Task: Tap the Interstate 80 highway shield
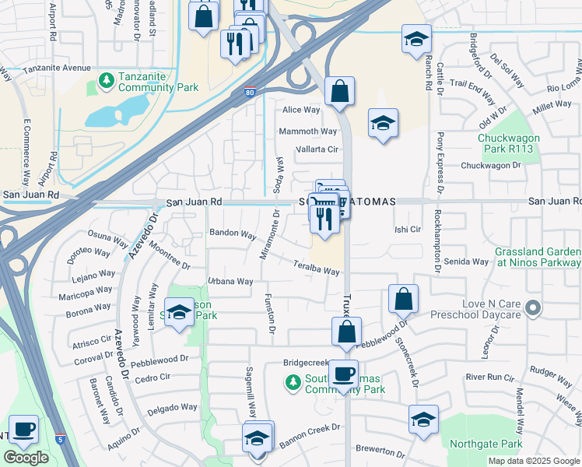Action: [248, 93]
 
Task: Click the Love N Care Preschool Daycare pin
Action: [533, 308]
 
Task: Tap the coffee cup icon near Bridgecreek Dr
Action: [343, 373]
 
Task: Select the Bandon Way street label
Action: [233, 234]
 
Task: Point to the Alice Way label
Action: [302, 111]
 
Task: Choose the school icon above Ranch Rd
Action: [416, 38]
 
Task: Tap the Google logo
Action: [26, 458]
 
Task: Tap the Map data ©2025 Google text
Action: [533, 461]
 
